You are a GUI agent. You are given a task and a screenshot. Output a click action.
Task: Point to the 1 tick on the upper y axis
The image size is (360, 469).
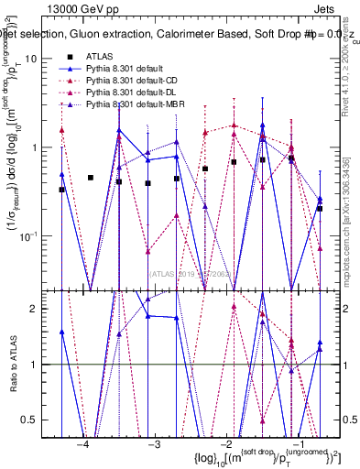pos(44,147)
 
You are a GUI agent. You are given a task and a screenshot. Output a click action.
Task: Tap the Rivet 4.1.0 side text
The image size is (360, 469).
pos(352,55)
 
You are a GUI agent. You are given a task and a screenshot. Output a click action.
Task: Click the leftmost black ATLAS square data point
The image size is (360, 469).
pos(61,190)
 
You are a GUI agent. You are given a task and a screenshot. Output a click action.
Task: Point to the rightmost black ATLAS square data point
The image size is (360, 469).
pos(320,208)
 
